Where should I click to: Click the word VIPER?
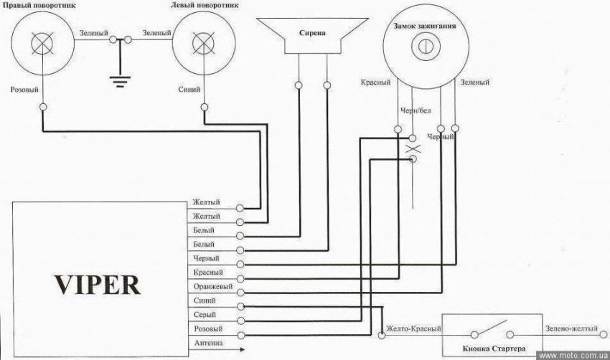pyautogui.click(x=96, y=283)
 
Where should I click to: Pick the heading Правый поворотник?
pyautogui.click(x=42, y=6)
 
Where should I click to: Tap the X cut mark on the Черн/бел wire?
pyautogui.click(x=413, y=148)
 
